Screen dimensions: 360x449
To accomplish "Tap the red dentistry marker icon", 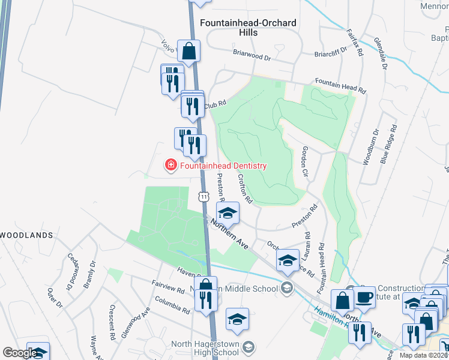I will [170, 164].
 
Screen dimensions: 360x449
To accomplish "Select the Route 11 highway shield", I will [203, 197].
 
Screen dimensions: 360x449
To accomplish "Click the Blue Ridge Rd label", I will [389, 145].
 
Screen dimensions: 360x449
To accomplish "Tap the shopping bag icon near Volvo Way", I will [189, 52].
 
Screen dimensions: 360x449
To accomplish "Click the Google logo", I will [19, 353].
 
